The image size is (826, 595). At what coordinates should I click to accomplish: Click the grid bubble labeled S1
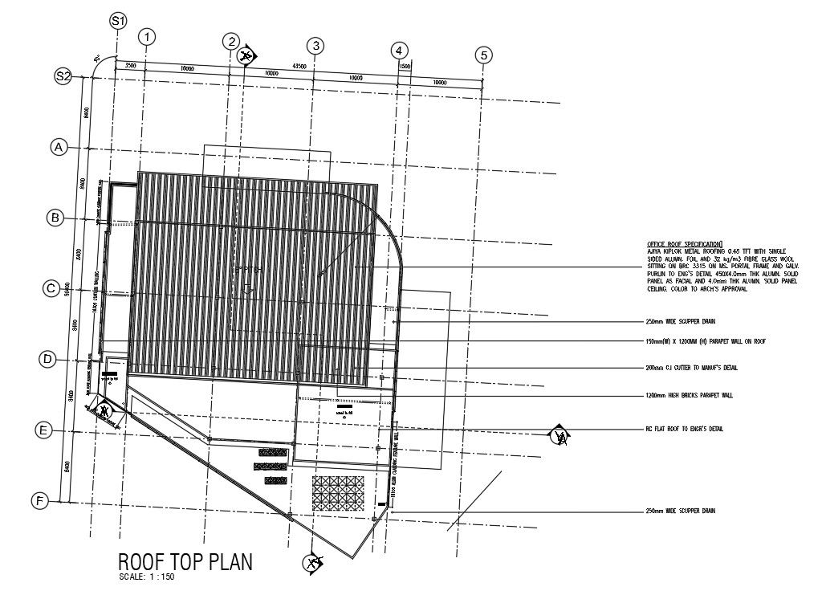119,21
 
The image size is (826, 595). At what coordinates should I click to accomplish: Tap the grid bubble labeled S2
63,76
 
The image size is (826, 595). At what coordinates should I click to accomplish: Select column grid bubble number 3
316,46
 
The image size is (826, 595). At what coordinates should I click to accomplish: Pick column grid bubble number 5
483,55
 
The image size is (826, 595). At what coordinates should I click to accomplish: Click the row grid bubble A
58,147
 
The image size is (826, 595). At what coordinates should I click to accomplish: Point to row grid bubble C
51,287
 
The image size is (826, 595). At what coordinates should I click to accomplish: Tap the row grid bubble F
38,501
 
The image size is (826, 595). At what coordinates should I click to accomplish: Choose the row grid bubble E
43,431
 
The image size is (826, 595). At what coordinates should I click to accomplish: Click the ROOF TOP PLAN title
185,562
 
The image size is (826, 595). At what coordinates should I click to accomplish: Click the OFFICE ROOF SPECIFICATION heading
684,243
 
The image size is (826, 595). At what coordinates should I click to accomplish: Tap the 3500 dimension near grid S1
130,64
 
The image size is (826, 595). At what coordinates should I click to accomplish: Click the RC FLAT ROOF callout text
685,430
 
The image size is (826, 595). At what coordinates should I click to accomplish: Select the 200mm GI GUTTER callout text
692,368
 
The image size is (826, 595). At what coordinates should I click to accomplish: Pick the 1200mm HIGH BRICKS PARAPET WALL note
690,395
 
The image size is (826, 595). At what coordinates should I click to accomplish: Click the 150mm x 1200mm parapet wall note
706,341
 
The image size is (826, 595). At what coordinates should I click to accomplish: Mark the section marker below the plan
313,563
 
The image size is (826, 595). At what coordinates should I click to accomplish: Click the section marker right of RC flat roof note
559,437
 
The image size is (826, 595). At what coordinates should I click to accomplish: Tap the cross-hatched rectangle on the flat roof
338,492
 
